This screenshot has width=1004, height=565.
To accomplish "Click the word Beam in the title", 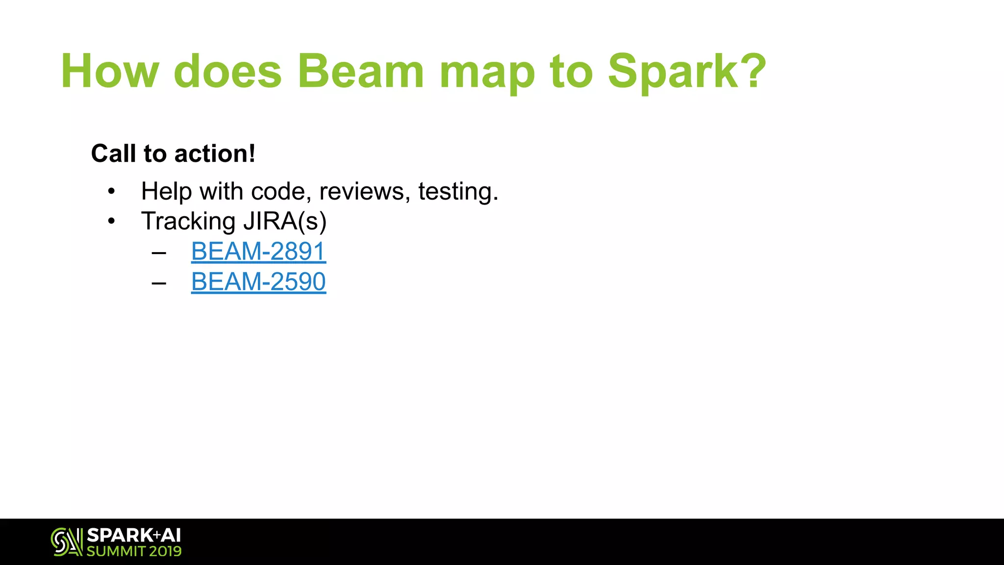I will coord(360,72).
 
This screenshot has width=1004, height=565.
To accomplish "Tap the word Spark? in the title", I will coord(687,72).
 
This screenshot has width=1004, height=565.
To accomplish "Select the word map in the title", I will coord(487,74).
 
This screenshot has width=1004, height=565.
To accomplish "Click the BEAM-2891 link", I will coord(258,252).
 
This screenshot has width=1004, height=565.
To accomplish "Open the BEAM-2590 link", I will coord(258,282).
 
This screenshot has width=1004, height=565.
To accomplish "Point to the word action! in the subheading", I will coord(215,154).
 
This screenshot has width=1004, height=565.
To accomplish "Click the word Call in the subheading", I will coord(113,154).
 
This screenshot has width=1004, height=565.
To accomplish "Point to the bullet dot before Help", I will coord(112,191).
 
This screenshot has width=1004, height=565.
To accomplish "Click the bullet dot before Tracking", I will coord(112,222).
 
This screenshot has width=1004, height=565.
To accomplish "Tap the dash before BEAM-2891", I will coord(159,253).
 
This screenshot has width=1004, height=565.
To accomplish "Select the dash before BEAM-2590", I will coord(159,283).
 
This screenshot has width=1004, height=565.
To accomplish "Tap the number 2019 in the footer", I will coord(165,551).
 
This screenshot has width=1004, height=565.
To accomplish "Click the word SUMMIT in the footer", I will coord(116,551).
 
